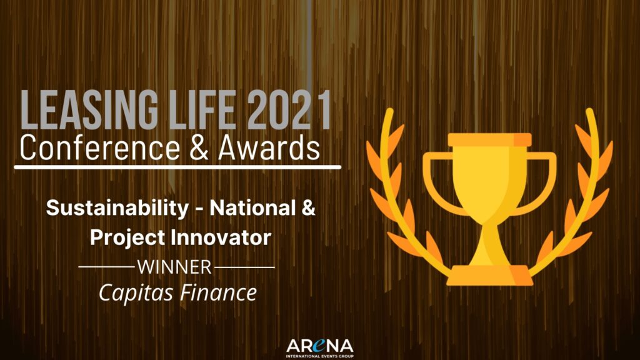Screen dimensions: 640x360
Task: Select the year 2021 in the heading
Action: click(x=289, y=110)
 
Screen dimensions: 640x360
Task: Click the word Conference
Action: click(x=99, y=147)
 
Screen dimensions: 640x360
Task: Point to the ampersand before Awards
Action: click(x=199, y=147)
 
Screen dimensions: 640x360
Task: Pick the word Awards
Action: click(x=269, y=147)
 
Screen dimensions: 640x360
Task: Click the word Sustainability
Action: click(x=117, y=208)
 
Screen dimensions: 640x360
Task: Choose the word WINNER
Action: click(x=174, y=267)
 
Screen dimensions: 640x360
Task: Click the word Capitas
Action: click(x=136, y=293)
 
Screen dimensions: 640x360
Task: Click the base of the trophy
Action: click(x=489, y=276)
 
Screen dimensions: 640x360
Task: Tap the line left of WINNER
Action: click(x=106, y=267)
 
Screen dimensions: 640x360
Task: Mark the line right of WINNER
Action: click(x=244, y=267)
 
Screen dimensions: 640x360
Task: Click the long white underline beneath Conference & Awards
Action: click(x=177, y=167)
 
